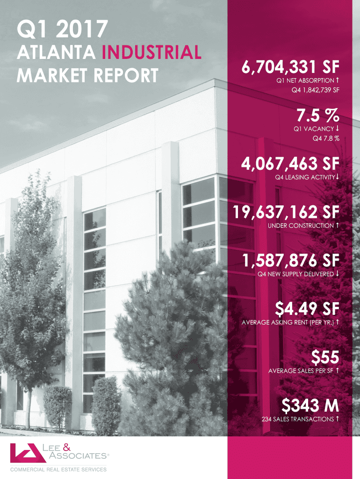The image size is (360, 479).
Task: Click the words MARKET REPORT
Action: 87,75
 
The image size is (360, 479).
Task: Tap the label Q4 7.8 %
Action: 326,138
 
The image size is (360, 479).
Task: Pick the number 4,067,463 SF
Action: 290,164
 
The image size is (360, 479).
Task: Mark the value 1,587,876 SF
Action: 290,260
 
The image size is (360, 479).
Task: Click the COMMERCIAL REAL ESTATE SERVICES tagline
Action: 58,469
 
